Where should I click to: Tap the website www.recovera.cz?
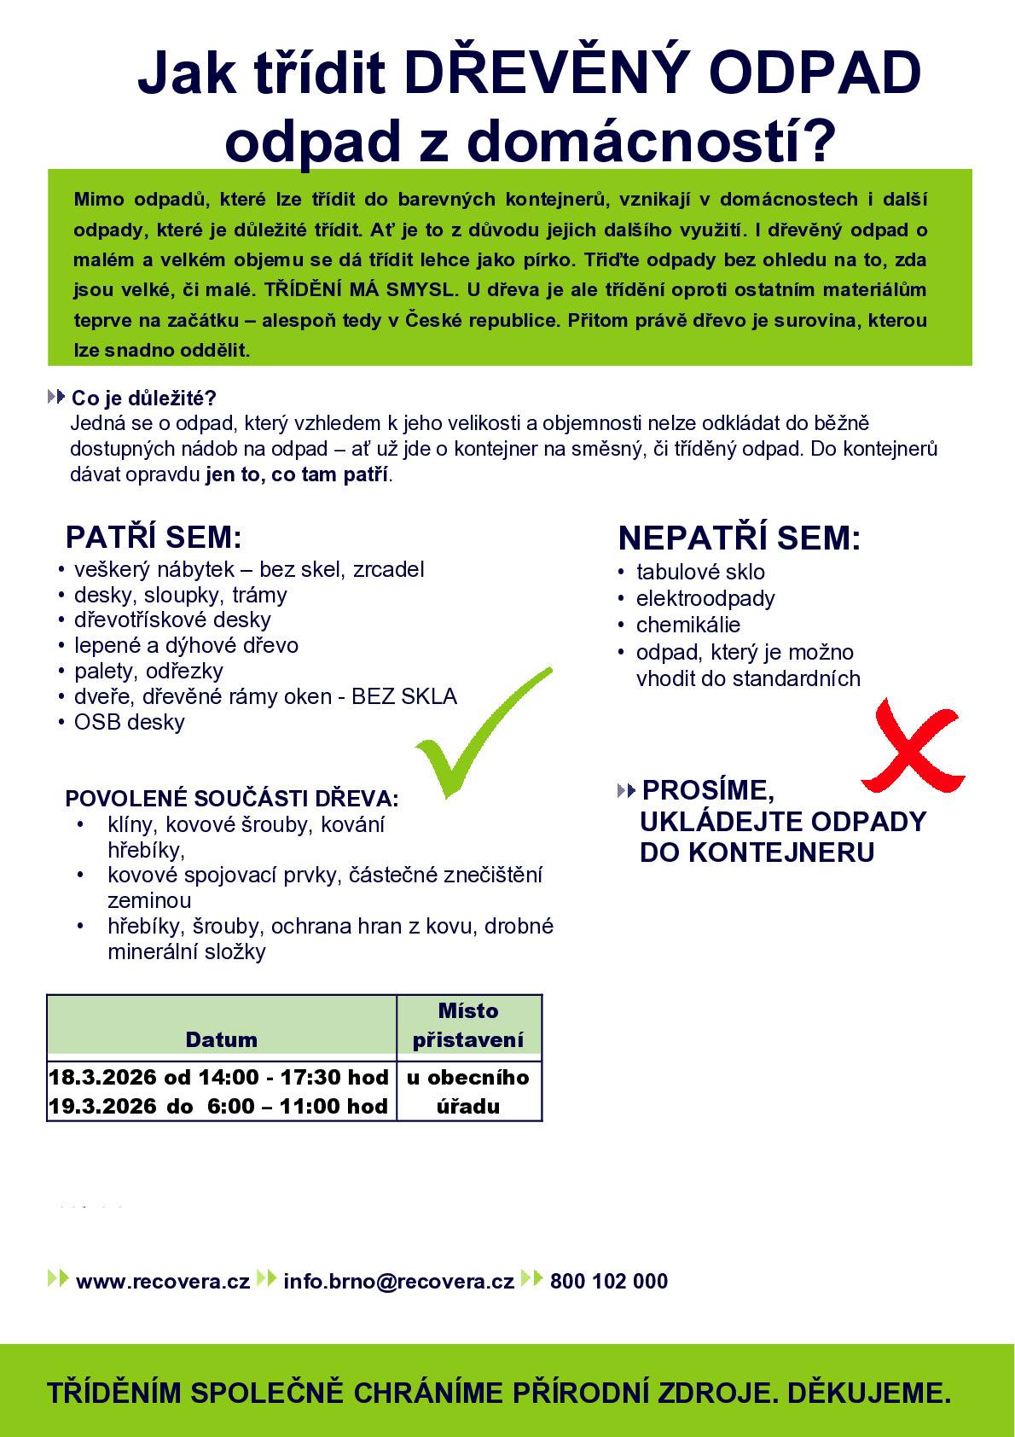click(162, 1281)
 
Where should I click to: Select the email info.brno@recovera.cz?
click(398, 1281)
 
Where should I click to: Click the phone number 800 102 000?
click(609, 1281)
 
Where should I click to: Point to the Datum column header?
click(221, 1039)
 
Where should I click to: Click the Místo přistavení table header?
click(468, 1025)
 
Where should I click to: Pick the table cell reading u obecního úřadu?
click(468, 1091)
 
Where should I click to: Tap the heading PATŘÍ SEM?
click(154, 538)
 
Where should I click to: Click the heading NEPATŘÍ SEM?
click(739, 538)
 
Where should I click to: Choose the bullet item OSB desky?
click(130, 722)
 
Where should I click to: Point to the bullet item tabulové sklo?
click(700, 572)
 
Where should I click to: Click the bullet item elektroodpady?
click(705, 598)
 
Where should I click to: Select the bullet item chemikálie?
click(688, 625)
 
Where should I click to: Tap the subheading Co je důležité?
click(144, 398)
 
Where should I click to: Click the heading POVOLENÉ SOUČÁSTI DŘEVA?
click(232, 800)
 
